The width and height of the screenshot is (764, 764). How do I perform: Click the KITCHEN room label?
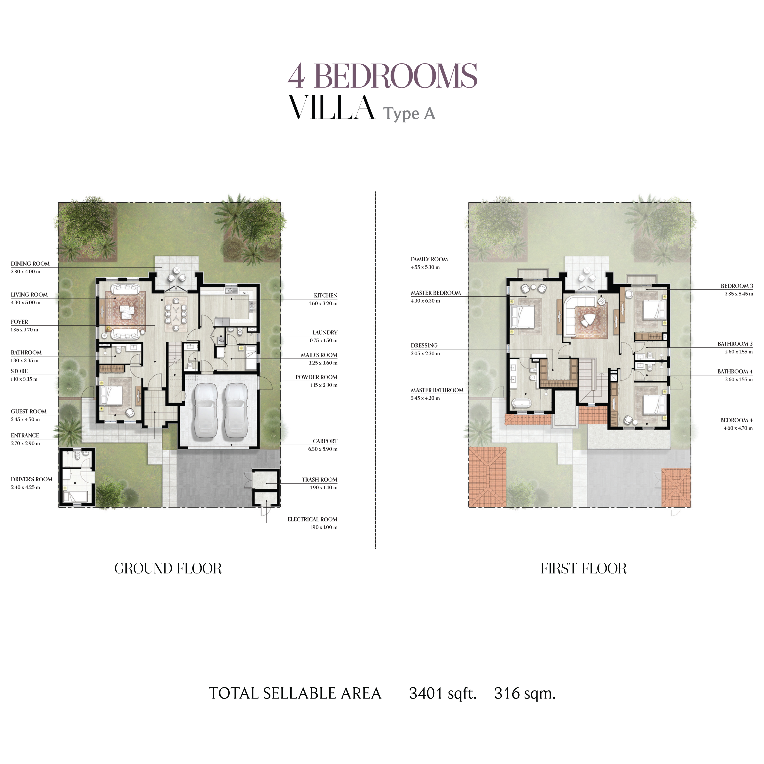(x=325, y=295)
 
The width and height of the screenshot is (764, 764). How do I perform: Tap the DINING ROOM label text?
(x=30, y=264)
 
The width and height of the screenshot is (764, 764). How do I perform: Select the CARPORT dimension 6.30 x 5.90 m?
(x=323, y=449)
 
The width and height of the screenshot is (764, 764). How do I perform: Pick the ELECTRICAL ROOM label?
(x=312, y=519)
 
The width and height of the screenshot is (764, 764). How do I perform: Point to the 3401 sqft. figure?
(x=442, y=704)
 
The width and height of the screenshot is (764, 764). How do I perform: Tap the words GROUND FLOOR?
(x=168, y=569)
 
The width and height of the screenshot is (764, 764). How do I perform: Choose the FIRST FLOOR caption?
(x=584, y=569)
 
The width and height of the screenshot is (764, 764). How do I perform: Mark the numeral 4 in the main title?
(x=296, y=76)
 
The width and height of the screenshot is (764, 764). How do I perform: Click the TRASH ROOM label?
(x=320, y=480)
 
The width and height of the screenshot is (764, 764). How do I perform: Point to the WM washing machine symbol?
(x=221, y=340)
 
